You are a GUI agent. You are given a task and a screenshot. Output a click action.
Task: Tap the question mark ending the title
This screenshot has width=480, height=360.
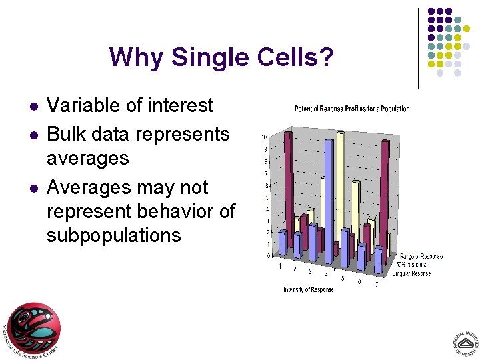click(325, 58)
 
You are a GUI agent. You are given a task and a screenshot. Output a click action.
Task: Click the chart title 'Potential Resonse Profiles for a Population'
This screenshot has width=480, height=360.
click(352, 109)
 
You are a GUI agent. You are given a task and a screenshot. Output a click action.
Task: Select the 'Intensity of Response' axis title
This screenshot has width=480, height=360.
click(309, 289)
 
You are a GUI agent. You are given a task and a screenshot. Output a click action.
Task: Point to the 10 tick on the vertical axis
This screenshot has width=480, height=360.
click(265, 137)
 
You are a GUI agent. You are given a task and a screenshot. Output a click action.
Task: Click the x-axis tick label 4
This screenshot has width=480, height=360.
click(326, 275)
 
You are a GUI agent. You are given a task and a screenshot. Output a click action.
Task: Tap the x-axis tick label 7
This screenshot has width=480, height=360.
click(376, 285)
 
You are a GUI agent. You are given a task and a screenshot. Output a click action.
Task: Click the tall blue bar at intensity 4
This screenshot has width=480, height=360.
click(328, 200)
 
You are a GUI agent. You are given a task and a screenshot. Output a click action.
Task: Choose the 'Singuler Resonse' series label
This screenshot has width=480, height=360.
click(411, 273)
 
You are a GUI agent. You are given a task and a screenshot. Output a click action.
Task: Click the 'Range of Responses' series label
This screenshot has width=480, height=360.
click(421, 256)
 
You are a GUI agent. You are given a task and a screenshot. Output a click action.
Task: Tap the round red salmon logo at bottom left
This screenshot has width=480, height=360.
click(34, 327)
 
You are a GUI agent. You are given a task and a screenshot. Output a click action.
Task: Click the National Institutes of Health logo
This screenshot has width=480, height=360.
click(463, 342)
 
